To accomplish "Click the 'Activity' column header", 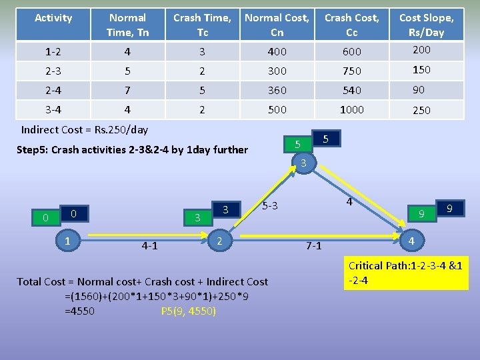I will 53,18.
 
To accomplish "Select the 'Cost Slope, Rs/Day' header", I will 426,25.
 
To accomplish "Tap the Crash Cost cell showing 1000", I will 351,110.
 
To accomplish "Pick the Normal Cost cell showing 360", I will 277,90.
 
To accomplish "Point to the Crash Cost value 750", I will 351,71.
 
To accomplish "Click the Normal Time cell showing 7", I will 128,90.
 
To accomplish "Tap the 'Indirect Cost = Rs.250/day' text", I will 85,129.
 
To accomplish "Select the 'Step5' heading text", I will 131,149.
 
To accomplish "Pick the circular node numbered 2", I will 220,239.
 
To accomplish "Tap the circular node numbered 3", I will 303,163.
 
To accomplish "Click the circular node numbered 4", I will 412,239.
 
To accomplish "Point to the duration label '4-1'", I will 149,246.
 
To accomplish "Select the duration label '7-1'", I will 313,246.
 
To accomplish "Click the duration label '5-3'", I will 270,206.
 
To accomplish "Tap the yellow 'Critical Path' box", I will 405,273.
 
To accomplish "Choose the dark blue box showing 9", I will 450,209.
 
